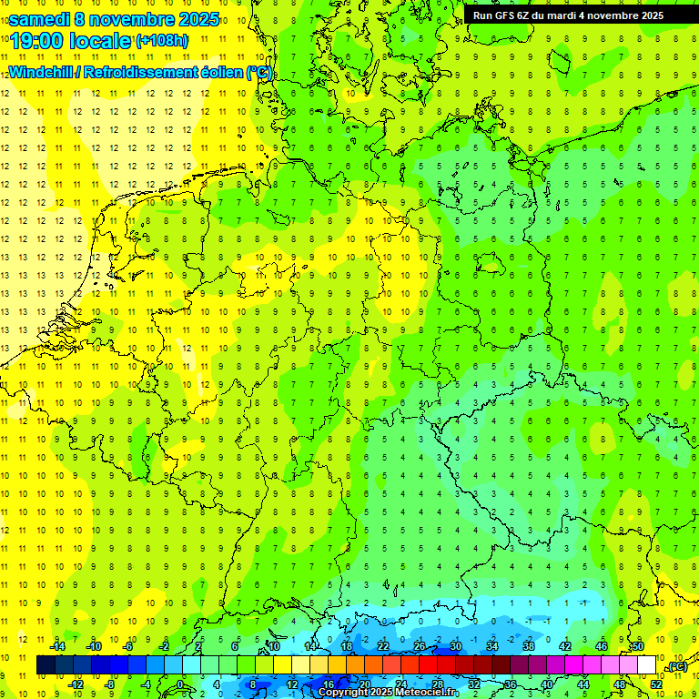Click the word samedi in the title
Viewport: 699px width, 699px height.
click(40, 19)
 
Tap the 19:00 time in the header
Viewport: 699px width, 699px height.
click(37, 41)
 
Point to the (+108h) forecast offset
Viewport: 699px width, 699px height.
click(163, 41)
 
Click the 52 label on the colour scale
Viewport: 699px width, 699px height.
click(655, 684)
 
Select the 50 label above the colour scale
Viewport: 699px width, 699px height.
click(638, 645)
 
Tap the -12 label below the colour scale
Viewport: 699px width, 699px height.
click(76, 684)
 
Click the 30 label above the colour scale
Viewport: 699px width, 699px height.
click(455, 645)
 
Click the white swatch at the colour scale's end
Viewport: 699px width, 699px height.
click(646, 665)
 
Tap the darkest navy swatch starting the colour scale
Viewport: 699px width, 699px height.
click(46, 665)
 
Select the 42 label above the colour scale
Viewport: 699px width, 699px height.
click(564, 645)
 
